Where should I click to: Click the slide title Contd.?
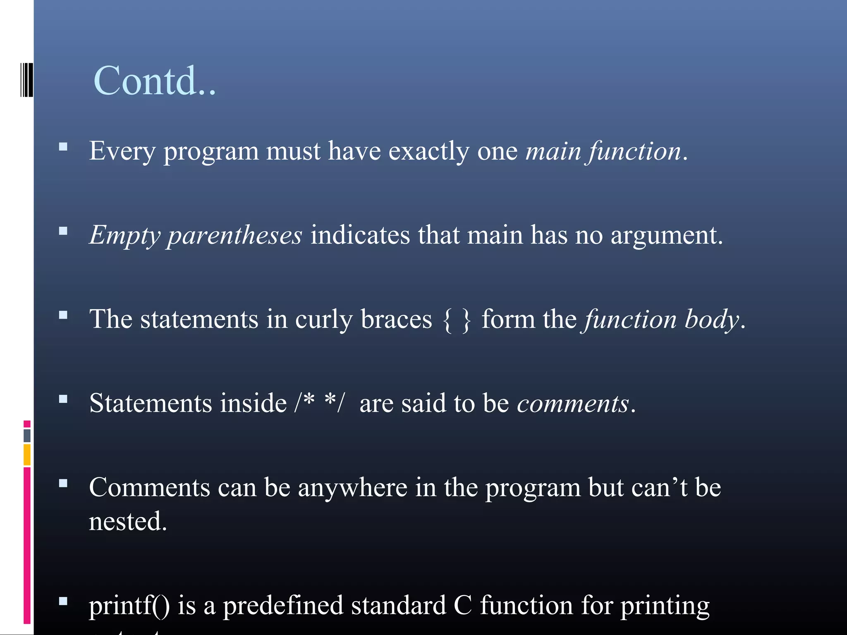point(154,81)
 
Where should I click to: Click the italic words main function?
point(603,151)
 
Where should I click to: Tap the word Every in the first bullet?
point(122,151)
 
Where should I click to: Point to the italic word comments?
point(573,403)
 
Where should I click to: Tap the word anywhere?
point(352,488)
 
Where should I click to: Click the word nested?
point(127,522)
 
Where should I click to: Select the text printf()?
point(129,606)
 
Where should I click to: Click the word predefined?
point(283,606)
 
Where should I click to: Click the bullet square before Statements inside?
point(63,399)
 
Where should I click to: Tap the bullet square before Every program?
point(63,147)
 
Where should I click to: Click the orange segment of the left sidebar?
point(27,454)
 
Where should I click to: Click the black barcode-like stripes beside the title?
point(26,80)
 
